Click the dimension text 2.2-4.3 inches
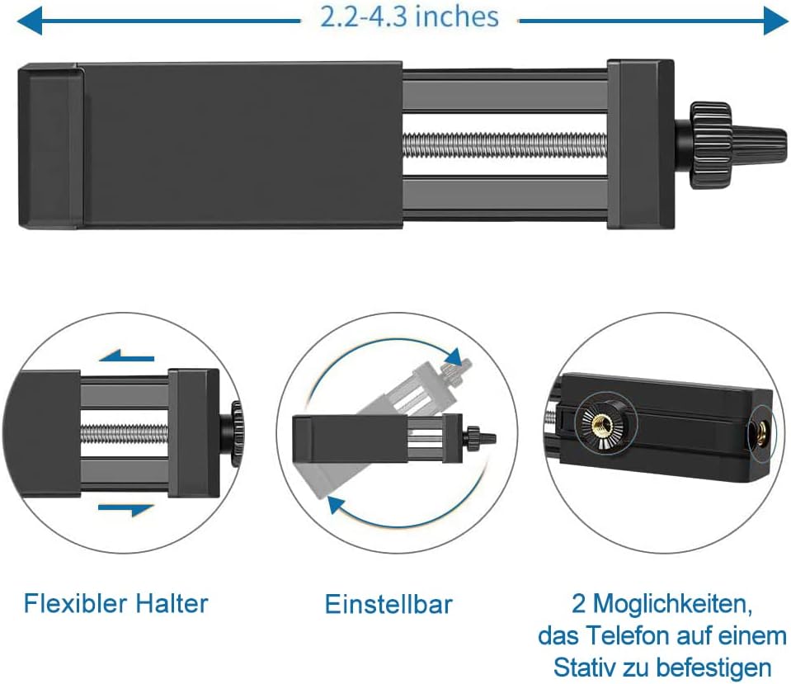409,17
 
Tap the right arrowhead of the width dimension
777,21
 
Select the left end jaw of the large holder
49,145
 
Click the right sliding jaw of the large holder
640,145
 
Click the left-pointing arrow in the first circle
125,358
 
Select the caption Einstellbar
388,604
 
